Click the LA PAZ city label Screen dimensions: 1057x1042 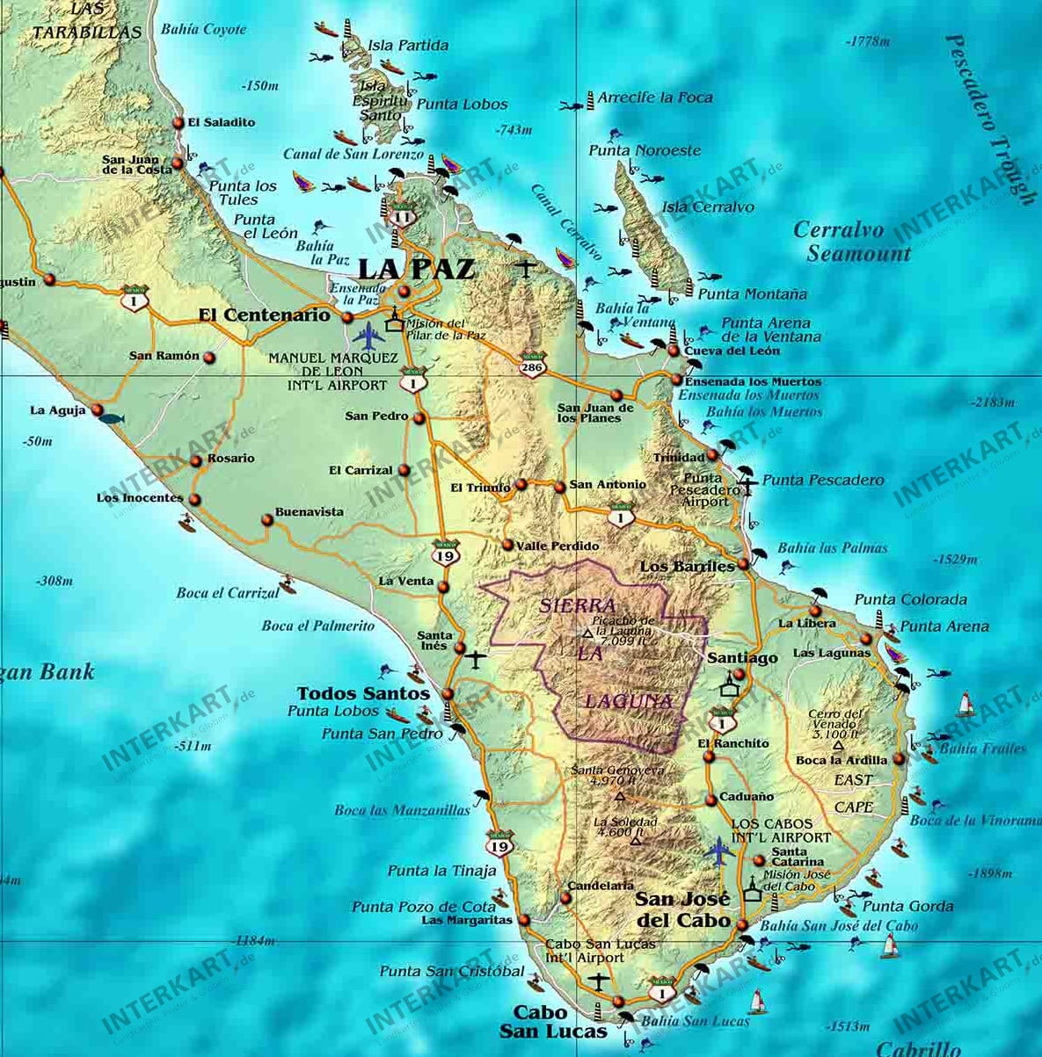(416, 268)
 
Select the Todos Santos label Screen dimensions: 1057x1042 (363, 693)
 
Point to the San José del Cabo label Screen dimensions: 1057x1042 (683, 909)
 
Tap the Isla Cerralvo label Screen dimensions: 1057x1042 (708, 207)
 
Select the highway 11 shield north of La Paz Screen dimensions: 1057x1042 (402, 216)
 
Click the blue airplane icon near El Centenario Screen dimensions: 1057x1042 (368, 334)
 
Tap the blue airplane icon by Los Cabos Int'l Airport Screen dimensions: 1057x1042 (719, 849)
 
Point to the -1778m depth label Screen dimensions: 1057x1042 (868, 41)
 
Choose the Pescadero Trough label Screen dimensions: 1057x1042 (990, 119)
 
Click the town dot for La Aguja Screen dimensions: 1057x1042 (98, 410)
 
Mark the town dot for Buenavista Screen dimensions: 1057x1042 (267, 520)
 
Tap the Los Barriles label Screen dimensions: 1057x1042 (687, 566)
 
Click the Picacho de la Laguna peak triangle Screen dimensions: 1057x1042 (587, 633)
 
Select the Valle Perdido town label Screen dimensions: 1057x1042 (557, 546)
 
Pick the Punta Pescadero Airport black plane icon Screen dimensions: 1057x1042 (747, 481)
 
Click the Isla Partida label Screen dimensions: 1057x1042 (408, 46)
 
